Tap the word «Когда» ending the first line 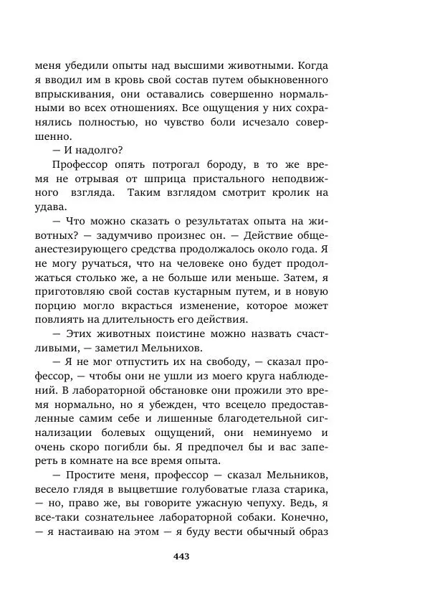tap(312, 64)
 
